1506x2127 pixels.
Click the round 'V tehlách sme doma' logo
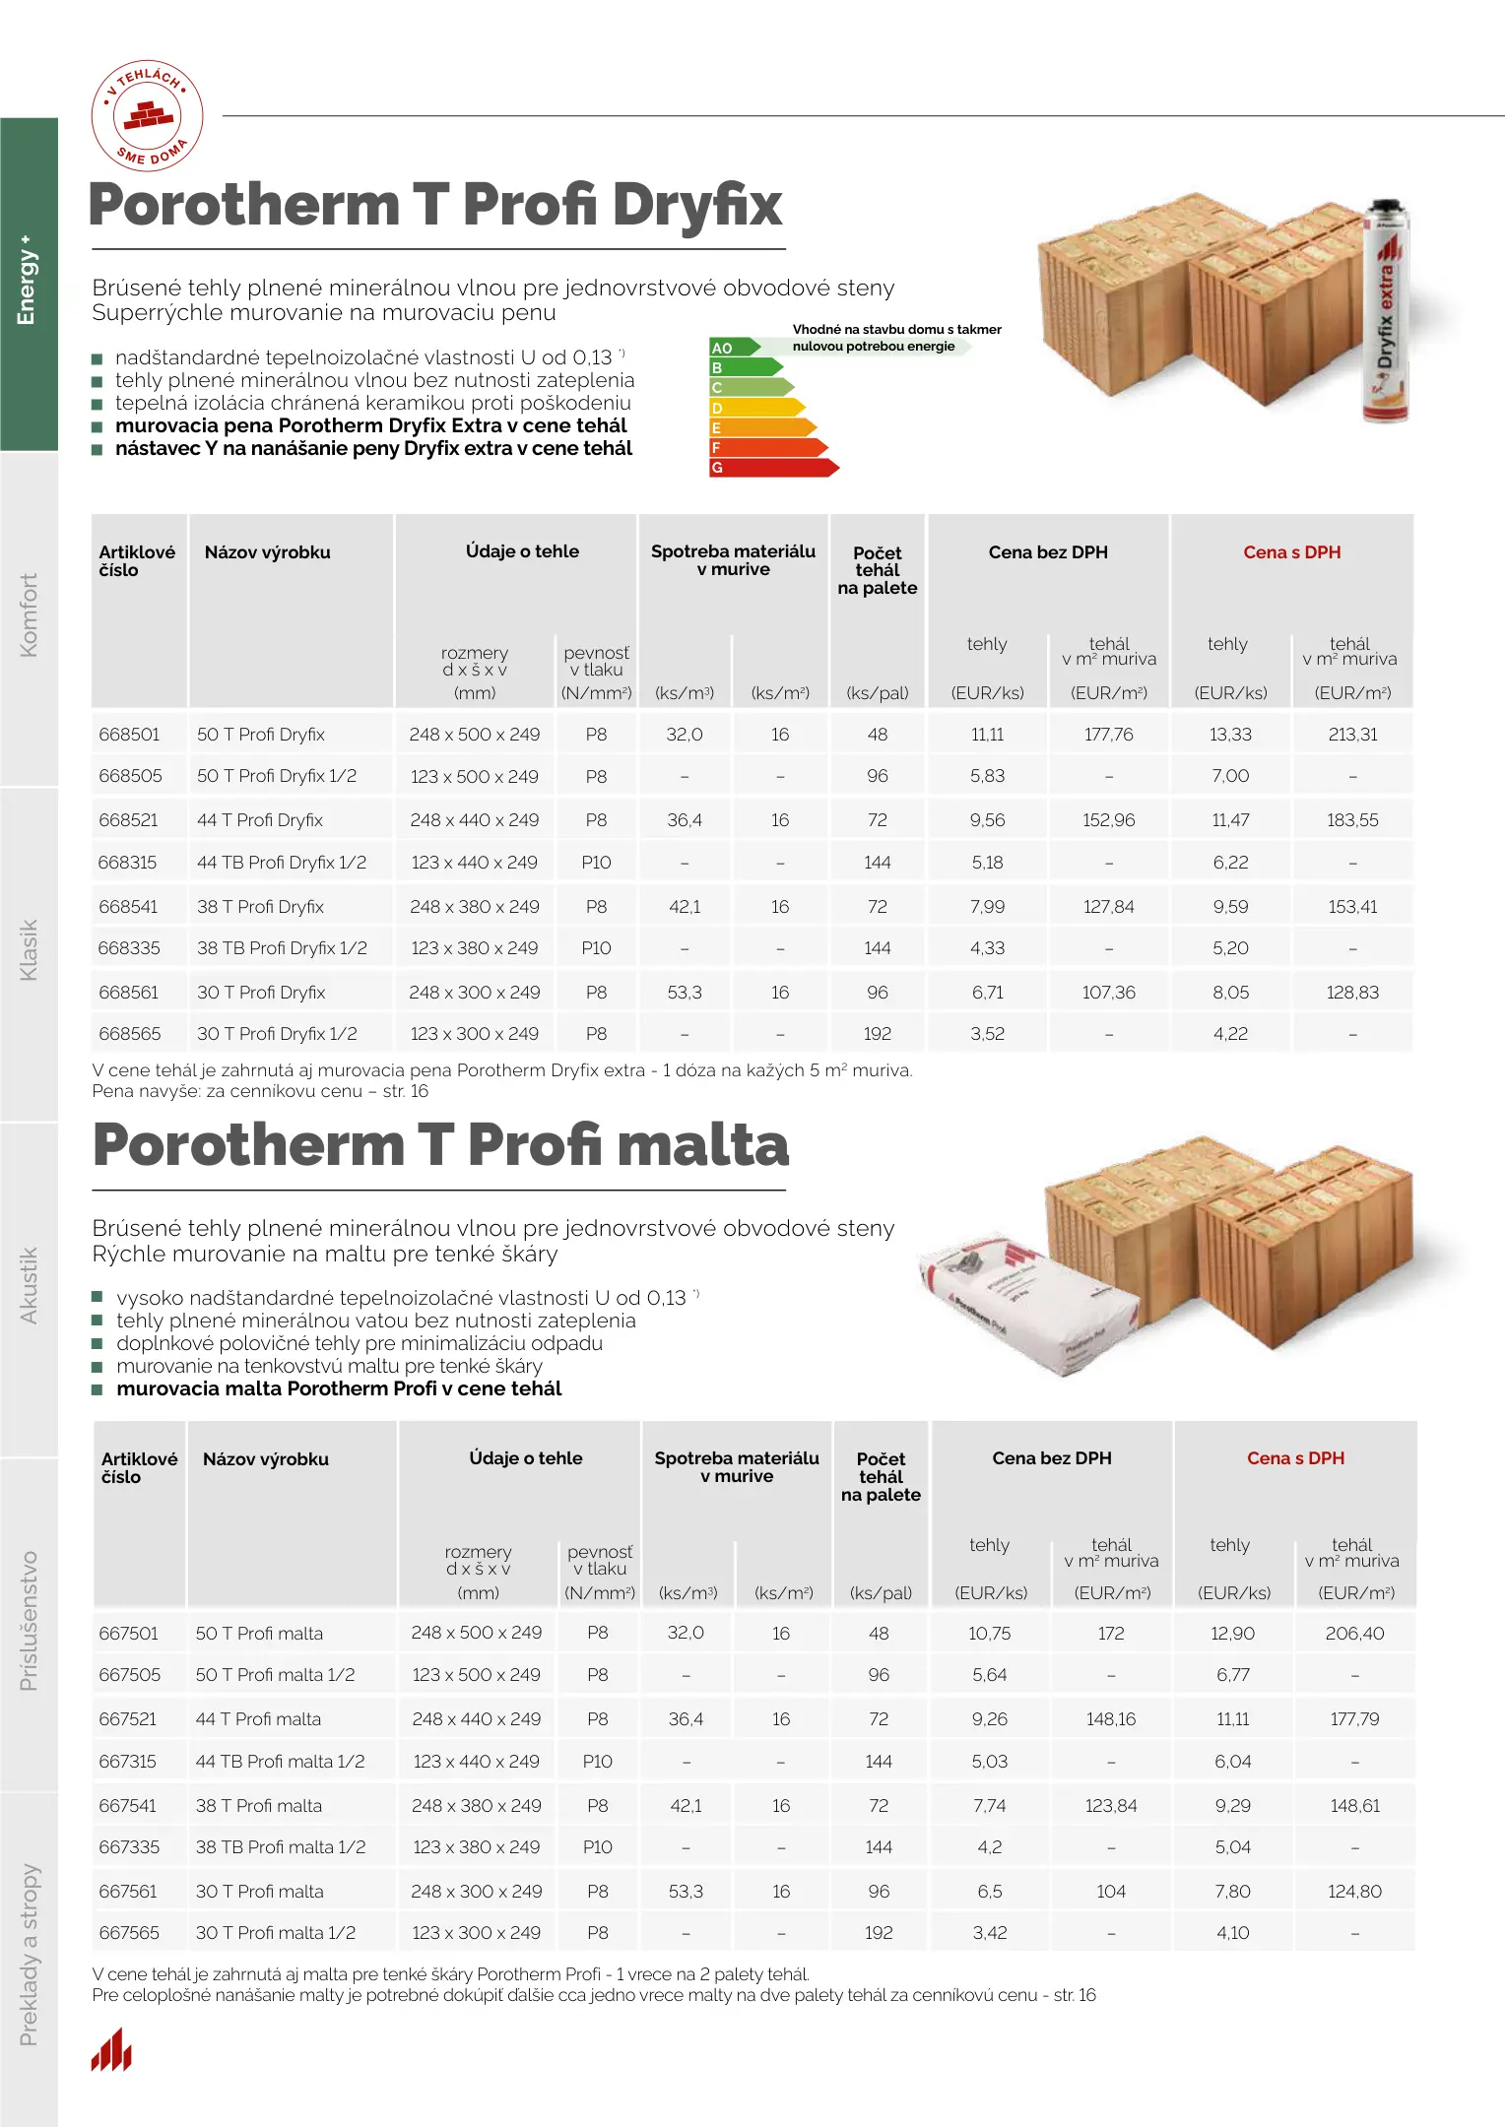coord(148,115)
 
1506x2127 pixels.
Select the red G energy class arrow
coord(772,468)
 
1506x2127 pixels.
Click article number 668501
coord(129,735)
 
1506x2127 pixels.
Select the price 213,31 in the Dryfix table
coord(1352,735)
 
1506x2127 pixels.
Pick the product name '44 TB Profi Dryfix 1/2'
coord(281,863)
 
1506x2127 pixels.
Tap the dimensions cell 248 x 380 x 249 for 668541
coord(475,906)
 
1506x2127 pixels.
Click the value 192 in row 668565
coord(877,1034)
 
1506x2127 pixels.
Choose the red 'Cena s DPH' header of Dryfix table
coord(1291,552)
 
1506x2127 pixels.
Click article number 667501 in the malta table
coord(129,1634)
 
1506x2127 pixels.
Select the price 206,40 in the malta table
coord(1354,1634)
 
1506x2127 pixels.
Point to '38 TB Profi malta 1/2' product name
coord(280,1847)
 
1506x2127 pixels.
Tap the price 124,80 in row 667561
coord(1354,1891)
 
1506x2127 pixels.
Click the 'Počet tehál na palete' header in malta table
coord(881,1476)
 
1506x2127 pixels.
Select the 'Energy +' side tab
coord(28,281)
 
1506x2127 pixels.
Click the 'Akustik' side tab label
coord(29,1285)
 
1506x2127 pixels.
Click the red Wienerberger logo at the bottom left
coord(111,2050)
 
